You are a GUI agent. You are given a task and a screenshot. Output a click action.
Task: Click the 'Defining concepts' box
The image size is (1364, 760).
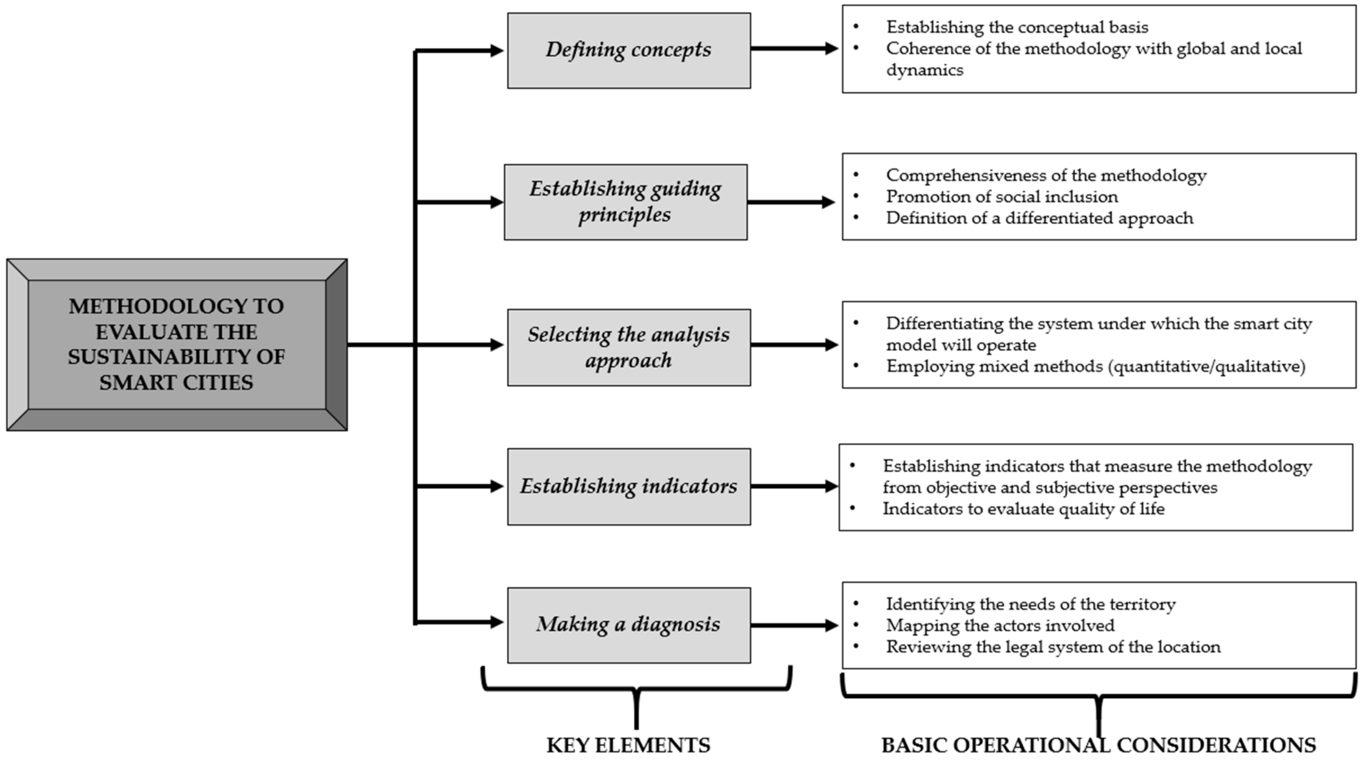pos(629,50)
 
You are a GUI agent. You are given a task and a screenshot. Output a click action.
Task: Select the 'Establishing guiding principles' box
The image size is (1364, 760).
pos(625,202)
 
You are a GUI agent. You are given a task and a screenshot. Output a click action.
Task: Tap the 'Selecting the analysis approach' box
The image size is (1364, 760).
pos(629,347)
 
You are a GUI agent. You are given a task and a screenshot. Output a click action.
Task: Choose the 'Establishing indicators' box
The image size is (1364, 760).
pos(629,486)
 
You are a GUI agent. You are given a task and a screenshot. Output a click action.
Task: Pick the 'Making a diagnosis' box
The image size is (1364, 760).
pos(629,625)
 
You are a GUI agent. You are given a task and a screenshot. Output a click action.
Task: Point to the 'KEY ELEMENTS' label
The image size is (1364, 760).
pos(628,745)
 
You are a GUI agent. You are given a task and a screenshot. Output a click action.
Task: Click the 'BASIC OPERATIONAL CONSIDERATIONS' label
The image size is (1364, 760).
pos(1098,745)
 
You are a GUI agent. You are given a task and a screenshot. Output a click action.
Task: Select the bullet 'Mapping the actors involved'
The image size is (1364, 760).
pos(1000,626)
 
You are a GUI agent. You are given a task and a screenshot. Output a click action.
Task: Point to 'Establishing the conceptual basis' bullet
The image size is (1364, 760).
pos(1017,27)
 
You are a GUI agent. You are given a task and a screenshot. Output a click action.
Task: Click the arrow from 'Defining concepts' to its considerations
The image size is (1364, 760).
pos(794,49)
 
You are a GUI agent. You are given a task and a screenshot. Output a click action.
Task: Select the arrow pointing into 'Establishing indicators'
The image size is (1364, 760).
pos(459,486)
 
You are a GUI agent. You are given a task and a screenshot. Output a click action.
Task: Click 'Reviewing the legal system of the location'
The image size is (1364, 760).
pos(1053,647)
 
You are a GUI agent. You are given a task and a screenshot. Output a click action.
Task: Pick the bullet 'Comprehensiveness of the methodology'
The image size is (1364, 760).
pos(1046,175)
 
